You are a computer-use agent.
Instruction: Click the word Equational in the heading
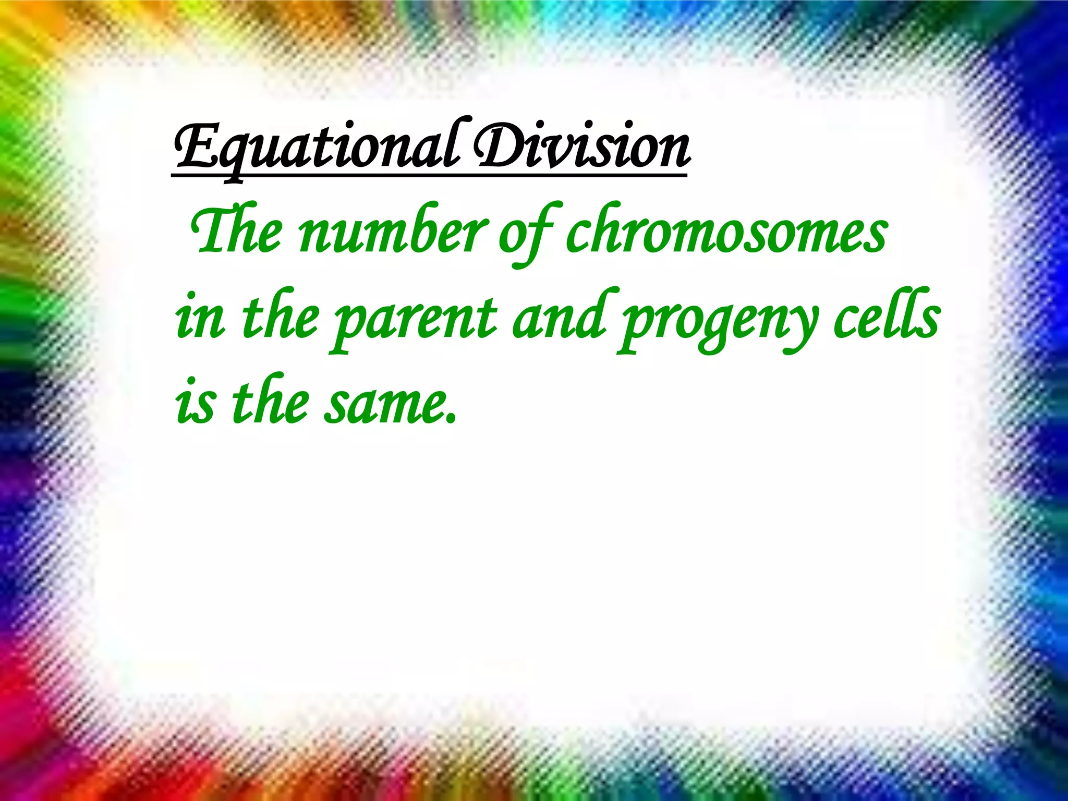tap(316, 149)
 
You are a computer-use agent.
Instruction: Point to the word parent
tap(415, 319)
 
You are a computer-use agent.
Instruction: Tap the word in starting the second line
tap(200, 318)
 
